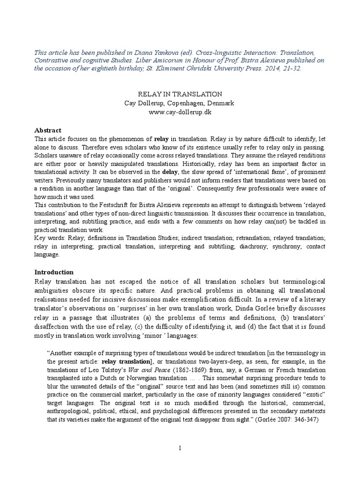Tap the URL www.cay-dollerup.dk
coord(180,112)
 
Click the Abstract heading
coord(48,130)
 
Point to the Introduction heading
coord(54,272)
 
